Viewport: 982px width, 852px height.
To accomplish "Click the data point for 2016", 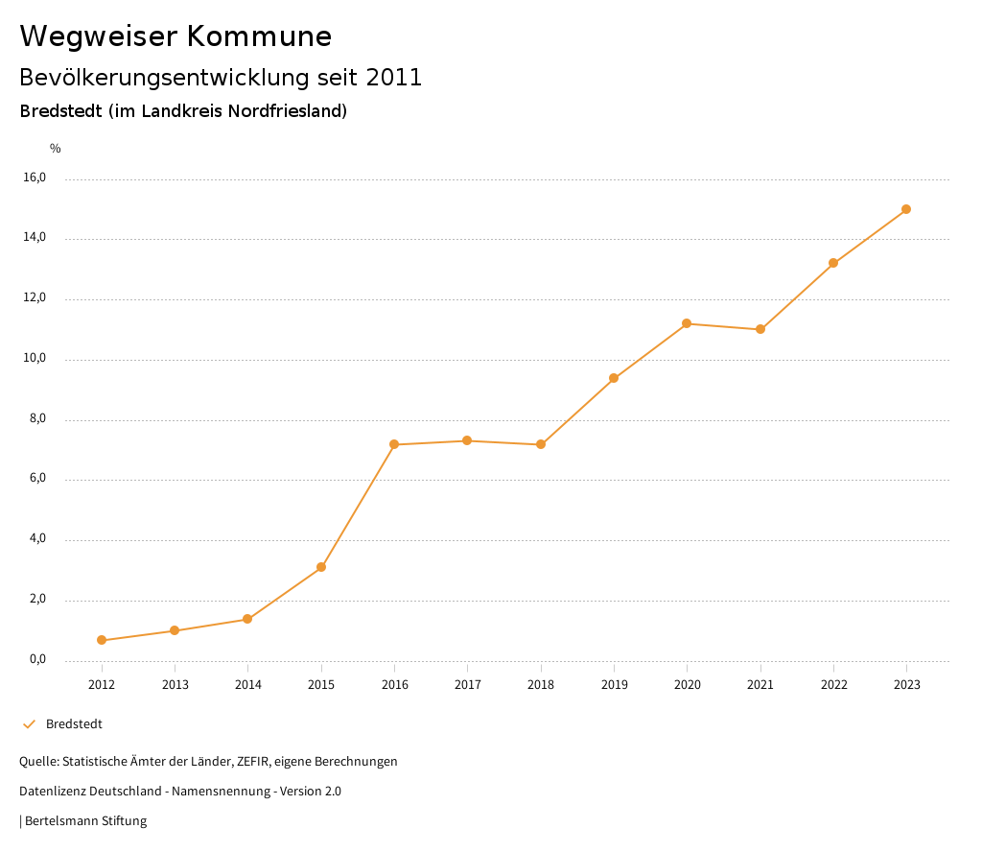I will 394,444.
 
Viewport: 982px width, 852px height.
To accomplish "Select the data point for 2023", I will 906,209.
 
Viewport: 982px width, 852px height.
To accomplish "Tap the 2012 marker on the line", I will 102,640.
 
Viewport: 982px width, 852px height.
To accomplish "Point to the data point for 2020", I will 687,323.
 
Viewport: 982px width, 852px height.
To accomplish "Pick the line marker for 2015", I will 321,567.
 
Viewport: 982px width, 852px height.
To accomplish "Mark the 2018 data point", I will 541,444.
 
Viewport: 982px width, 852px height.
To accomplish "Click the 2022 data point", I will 833,263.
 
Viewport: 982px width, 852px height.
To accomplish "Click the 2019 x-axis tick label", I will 614,684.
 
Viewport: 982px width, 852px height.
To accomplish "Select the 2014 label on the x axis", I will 248,684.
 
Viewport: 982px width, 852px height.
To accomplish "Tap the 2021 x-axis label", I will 760,684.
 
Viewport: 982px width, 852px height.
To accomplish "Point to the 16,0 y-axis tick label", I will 35,177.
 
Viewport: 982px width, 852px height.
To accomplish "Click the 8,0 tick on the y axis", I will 37,419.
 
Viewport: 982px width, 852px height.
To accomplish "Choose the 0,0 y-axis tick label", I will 37,659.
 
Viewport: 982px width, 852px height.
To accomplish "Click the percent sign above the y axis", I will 56,149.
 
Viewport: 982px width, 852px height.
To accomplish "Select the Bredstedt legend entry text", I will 74,723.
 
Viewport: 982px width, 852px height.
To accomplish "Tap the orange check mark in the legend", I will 29,723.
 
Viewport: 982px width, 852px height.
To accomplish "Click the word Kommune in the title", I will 259,36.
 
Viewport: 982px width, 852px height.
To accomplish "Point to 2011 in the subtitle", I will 394,78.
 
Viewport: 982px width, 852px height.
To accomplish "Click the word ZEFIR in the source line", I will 251,761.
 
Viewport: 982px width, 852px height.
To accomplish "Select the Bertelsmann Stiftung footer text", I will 85,820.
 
